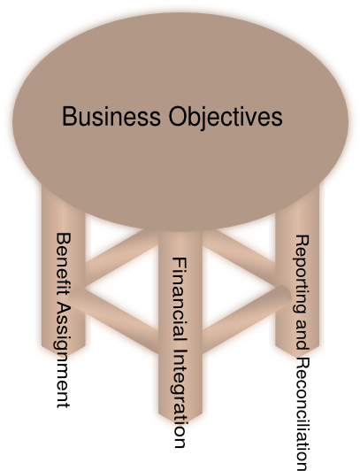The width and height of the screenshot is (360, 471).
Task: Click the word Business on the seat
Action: click(x=111, y=116)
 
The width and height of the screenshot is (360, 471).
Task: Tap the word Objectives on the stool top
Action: click(x=226, y=117)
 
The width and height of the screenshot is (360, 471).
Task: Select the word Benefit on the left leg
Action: click(x=64, y=266)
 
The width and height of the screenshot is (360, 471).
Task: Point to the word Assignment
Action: click(x=63, y=355)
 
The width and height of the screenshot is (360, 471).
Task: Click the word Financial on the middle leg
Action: click(x=180, y=300)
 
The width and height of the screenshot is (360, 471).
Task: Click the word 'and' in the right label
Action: click(x=303, y=335)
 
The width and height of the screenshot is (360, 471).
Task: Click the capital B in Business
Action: click(x=69, y=116)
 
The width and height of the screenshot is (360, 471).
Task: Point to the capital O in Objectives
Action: click(x=178, y=116)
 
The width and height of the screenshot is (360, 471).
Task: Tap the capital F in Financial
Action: click(x=180, y=264)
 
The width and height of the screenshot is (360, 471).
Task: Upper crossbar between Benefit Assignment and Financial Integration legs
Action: click(x=121, y=256)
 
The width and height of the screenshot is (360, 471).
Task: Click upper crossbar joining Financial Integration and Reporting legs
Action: click(x=239, y=255)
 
